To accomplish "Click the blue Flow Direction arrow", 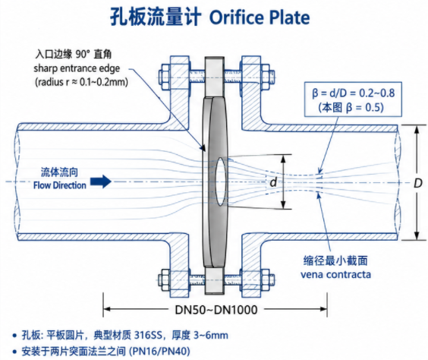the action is coord(101,182).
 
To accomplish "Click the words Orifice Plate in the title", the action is coord(260,17).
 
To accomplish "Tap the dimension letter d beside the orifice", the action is coord(273,182).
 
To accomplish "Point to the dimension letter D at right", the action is coord(418,183).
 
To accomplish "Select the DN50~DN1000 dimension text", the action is coord(216,310).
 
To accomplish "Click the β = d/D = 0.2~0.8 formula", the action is coord(353,93).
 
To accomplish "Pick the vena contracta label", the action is coord(335,274).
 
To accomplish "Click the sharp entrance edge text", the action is coord(77,68).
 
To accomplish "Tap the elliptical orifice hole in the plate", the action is coord(221,182).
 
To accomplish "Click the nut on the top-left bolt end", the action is coord(165,77).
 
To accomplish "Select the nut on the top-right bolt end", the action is coord(266,77).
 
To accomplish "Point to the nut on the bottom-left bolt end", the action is coord(165,280).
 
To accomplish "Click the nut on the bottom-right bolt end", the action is coord(266,280).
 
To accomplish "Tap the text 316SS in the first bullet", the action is coord(148,335).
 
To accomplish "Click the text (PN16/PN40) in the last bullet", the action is coord(159,351).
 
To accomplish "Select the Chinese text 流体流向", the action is coord(59,172).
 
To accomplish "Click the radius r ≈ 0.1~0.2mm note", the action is coord(81,82).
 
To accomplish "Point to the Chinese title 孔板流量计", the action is coord(156,17).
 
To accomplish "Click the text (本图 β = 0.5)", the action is coord(351,107).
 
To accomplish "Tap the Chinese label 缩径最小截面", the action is coord(335,261).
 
